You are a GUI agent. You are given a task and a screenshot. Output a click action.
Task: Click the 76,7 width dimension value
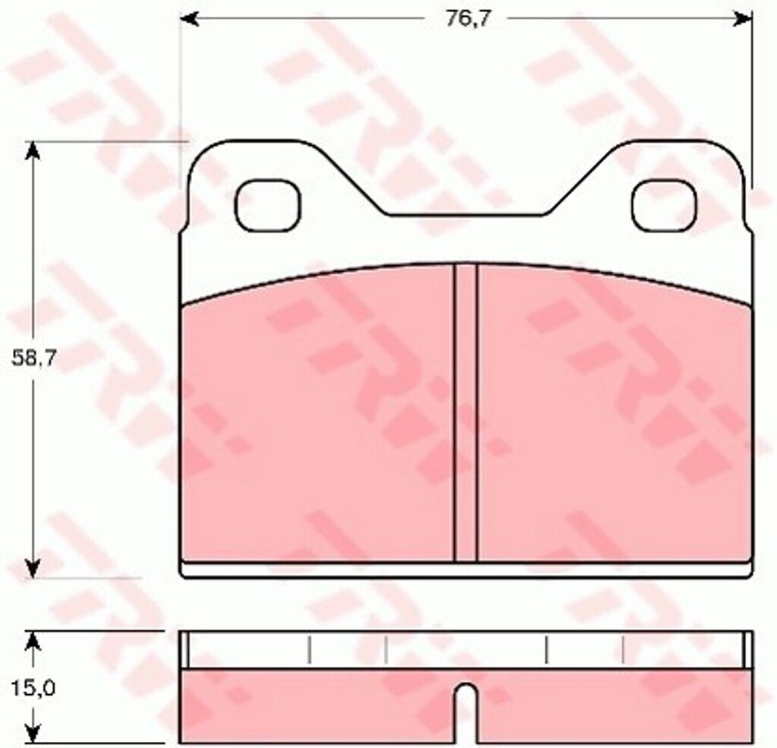coord(467,19)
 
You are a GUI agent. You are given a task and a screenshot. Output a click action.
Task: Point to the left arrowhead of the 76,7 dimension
coord(189,19)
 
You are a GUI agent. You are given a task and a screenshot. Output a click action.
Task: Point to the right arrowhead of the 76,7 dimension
coord(743,19)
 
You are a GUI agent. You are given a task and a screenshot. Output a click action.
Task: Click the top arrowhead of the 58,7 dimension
coord(33,151)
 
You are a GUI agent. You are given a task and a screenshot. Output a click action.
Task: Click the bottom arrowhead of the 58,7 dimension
coord(33,569)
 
